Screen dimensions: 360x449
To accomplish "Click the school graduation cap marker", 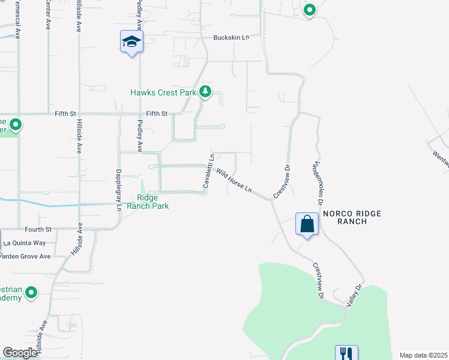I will pos(131,41).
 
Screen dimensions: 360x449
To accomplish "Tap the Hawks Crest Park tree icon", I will pos(205,92).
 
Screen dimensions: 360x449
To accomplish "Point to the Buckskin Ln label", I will pos(231,37).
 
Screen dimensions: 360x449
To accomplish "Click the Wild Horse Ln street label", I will pos(234,181).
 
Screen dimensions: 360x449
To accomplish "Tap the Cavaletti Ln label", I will pos(208,173).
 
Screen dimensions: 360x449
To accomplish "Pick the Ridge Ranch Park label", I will pos(152,202).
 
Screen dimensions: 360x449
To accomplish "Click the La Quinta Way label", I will pos(25,243).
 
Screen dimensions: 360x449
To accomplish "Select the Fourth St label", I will pos(38,229).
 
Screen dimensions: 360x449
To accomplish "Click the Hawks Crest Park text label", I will pos(163,92).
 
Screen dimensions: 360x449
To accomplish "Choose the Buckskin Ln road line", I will pos(180,37).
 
